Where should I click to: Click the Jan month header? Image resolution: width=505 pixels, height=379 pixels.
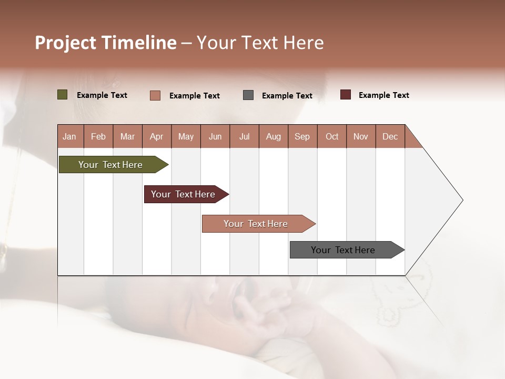pyautogui.click(x=69, y=136)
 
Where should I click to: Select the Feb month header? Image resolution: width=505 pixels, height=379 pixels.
pyautogui.click(x=98, y=136)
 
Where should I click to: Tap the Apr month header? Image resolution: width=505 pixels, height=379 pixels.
pyautogui.click(x=156, y=136)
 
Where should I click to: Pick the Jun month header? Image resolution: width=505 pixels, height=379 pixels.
pyautogui.click(x=215, y=136)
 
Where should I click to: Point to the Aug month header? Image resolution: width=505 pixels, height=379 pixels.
pyautogui.click(x=273, y=136)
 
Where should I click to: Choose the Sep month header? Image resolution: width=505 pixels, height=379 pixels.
pyautogui.click(x=302, y=136)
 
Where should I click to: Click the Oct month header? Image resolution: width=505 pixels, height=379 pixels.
pyautogui.click(x=332, y=136)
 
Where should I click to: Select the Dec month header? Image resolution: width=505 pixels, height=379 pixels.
pyautogui.click(x=390, y=136)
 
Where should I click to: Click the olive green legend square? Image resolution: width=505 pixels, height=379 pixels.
pyautogui.click(x=63, y=95)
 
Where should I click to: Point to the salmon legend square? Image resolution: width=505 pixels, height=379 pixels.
pyautogui.click(x=155, y=95)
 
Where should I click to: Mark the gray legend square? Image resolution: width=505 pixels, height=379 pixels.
pyautogui.click(x=248, y=95)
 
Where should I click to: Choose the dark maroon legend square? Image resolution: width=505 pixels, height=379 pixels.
pyautogui.click(x=346, y=95)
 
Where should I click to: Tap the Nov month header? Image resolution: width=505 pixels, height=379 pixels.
pyautogui.click(x=360, y=136)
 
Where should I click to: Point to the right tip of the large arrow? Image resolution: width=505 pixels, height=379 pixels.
pyautogui.click(x=462, y=200)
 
